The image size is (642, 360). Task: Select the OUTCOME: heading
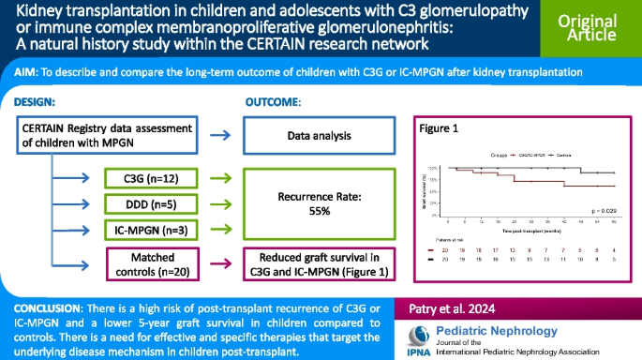[272, 100]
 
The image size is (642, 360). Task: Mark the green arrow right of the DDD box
[217, 203]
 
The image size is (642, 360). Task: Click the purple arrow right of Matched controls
[217, 262]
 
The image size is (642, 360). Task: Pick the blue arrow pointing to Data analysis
[217, 136]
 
